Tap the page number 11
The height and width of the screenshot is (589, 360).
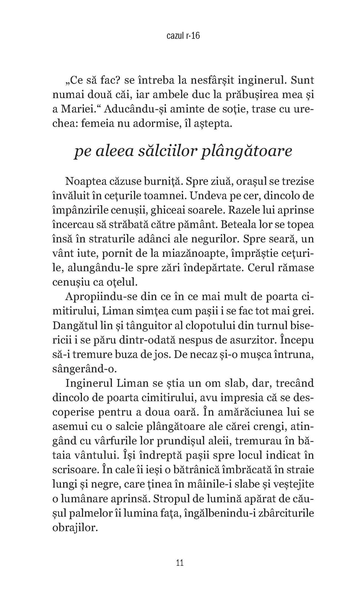point(180,563)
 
